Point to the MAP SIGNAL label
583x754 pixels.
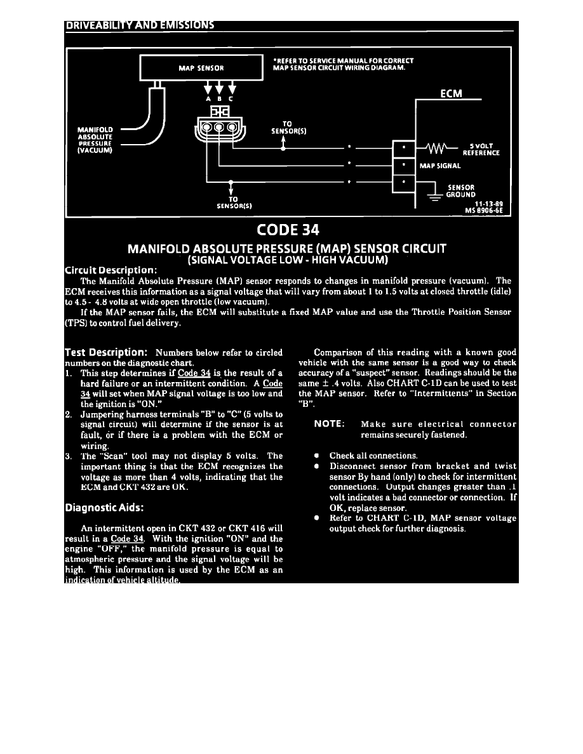coord(440,166)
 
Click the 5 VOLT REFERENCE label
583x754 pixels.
coord(481,150)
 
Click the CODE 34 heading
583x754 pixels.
coord(291,229)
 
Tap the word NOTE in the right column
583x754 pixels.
coord(330,424)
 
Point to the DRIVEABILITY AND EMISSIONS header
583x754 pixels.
coord(140,25)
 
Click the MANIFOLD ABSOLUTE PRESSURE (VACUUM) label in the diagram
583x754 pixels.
coord(95,140)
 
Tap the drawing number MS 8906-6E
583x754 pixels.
coord(486,209)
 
